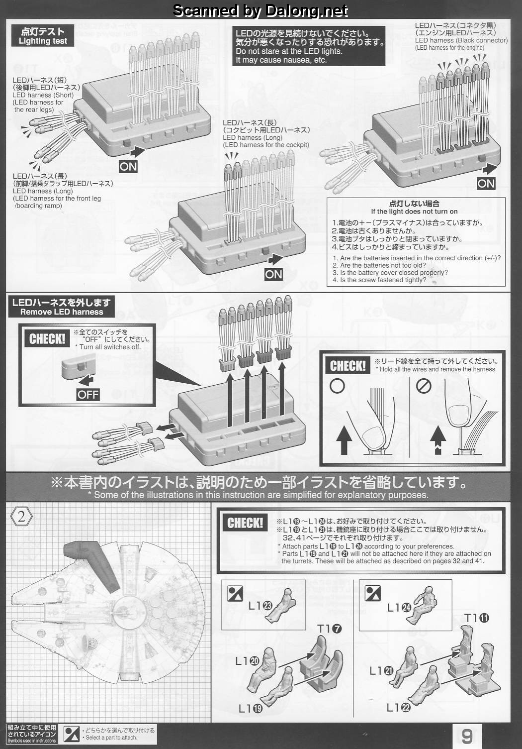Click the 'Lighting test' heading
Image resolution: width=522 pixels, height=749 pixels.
[x=43, y=41]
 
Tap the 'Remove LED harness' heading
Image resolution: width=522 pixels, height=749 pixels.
[x=62, y=312]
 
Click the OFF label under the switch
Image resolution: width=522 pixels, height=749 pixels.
[x=88, y=395]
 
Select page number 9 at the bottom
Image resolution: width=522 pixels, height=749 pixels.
[x=467, y=736]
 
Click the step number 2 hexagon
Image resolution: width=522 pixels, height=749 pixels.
[x=21, y=517]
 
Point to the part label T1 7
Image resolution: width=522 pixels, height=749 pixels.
[x=329, y=629]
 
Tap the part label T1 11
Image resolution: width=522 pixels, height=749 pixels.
[x=477, y=618]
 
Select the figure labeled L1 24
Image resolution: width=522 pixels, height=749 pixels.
[x=422, y=605]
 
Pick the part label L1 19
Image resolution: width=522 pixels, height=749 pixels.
[x=250, y=708]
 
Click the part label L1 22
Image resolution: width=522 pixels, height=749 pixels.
[x=398, y=708]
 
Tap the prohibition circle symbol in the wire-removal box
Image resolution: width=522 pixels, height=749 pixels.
[x=424, y=387]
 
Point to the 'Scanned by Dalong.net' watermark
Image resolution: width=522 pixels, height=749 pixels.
[x=261, y=11]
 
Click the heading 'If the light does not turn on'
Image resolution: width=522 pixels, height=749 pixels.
[x=414, y=212]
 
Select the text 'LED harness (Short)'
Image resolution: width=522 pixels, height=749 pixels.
[x=43, y=95]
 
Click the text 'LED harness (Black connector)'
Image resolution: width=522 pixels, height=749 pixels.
[x=461, y=40]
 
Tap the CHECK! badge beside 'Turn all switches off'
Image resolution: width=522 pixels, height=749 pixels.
[x=47, y=339]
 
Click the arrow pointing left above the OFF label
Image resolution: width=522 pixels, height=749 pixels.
[x=87, y=380]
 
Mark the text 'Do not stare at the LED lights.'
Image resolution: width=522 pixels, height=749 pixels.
[x=289, y=51]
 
